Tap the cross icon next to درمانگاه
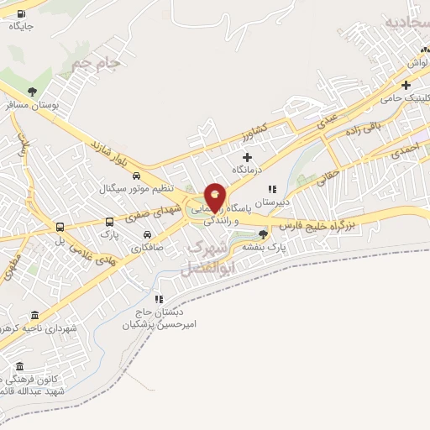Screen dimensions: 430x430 coord(247,157)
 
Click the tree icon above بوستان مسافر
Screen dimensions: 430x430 coord(32,92)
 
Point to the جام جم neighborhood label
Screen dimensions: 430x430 coord(93,61)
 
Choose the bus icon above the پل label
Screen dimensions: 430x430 coord(60,227)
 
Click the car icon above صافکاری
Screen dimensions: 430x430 coord(148,236)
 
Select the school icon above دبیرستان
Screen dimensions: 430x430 coord(271,190)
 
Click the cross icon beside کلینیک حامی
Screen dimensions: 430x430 coord(406,85)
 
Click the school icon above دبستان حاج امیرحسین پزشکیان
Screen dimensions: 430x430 coord(158,299)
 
